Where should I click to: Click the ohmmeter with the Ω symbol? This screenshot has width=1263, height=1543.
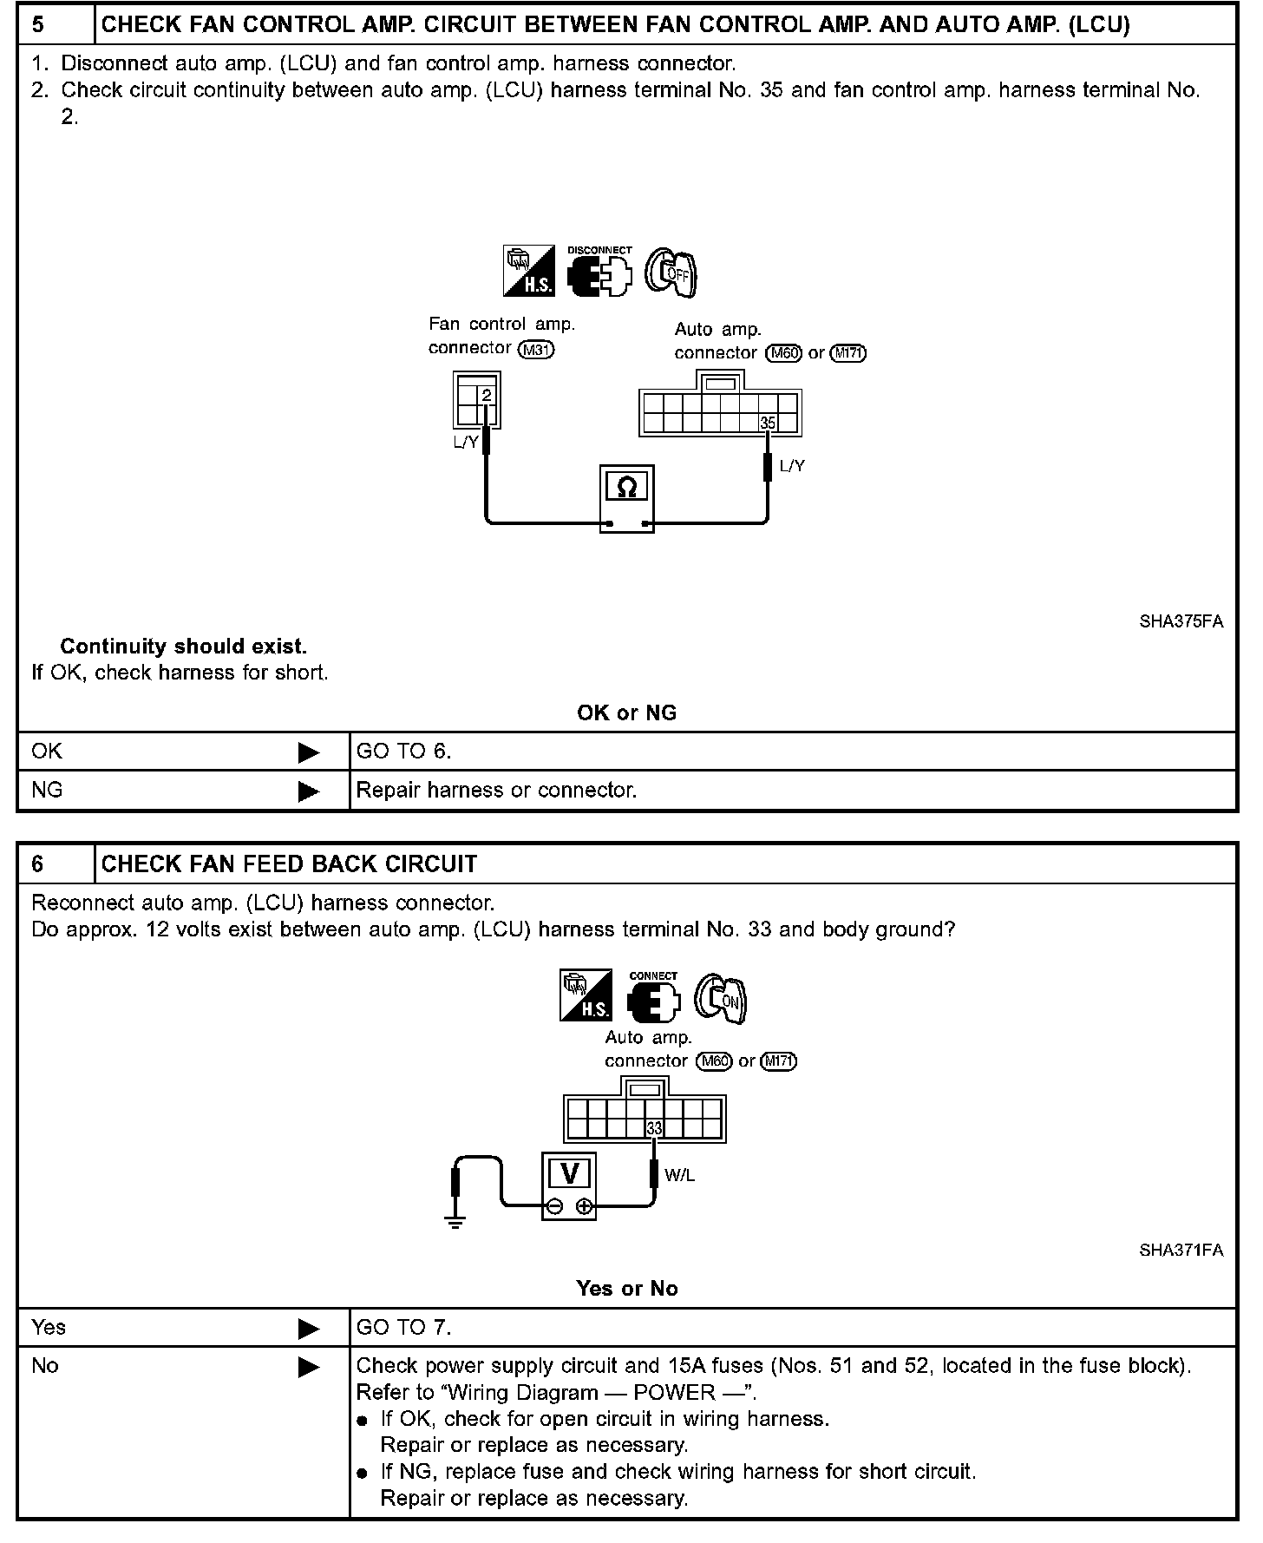626,498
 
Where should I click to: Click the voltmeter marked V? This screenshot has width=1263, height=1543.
569,1185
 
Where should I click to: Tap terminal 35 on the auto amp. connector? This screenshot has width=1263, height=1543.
768,424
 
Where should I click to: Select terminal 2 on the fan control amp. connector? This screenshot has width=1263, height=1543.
487,396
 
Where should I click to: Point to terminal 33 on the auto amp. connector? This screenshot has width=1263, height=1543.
654,1128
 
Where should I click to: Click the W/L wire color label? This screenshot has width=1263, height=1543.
679,1176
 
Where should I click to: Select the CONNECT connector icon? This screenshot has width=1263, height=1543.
653,998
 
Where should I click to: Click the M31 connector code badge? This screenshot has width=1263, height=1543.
535,349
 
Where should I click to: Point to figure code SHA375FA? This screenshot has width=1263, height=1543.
1181,621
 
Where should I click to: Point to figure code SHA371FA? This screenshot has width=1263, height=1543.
1181,1250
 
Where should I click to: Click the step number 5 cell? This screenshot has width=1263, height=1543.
56,24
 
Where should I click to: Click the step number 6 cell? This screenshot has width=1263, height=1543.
56,863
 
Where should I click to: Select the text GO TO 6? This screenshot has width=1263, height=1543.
403,752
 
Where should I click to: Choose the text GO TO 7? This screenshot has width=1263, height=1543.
403,1327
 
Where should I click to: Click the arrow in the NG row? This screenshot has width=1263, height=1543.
309,791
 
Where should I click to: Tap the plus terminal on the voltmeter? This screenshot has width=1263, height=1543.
584,1205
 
